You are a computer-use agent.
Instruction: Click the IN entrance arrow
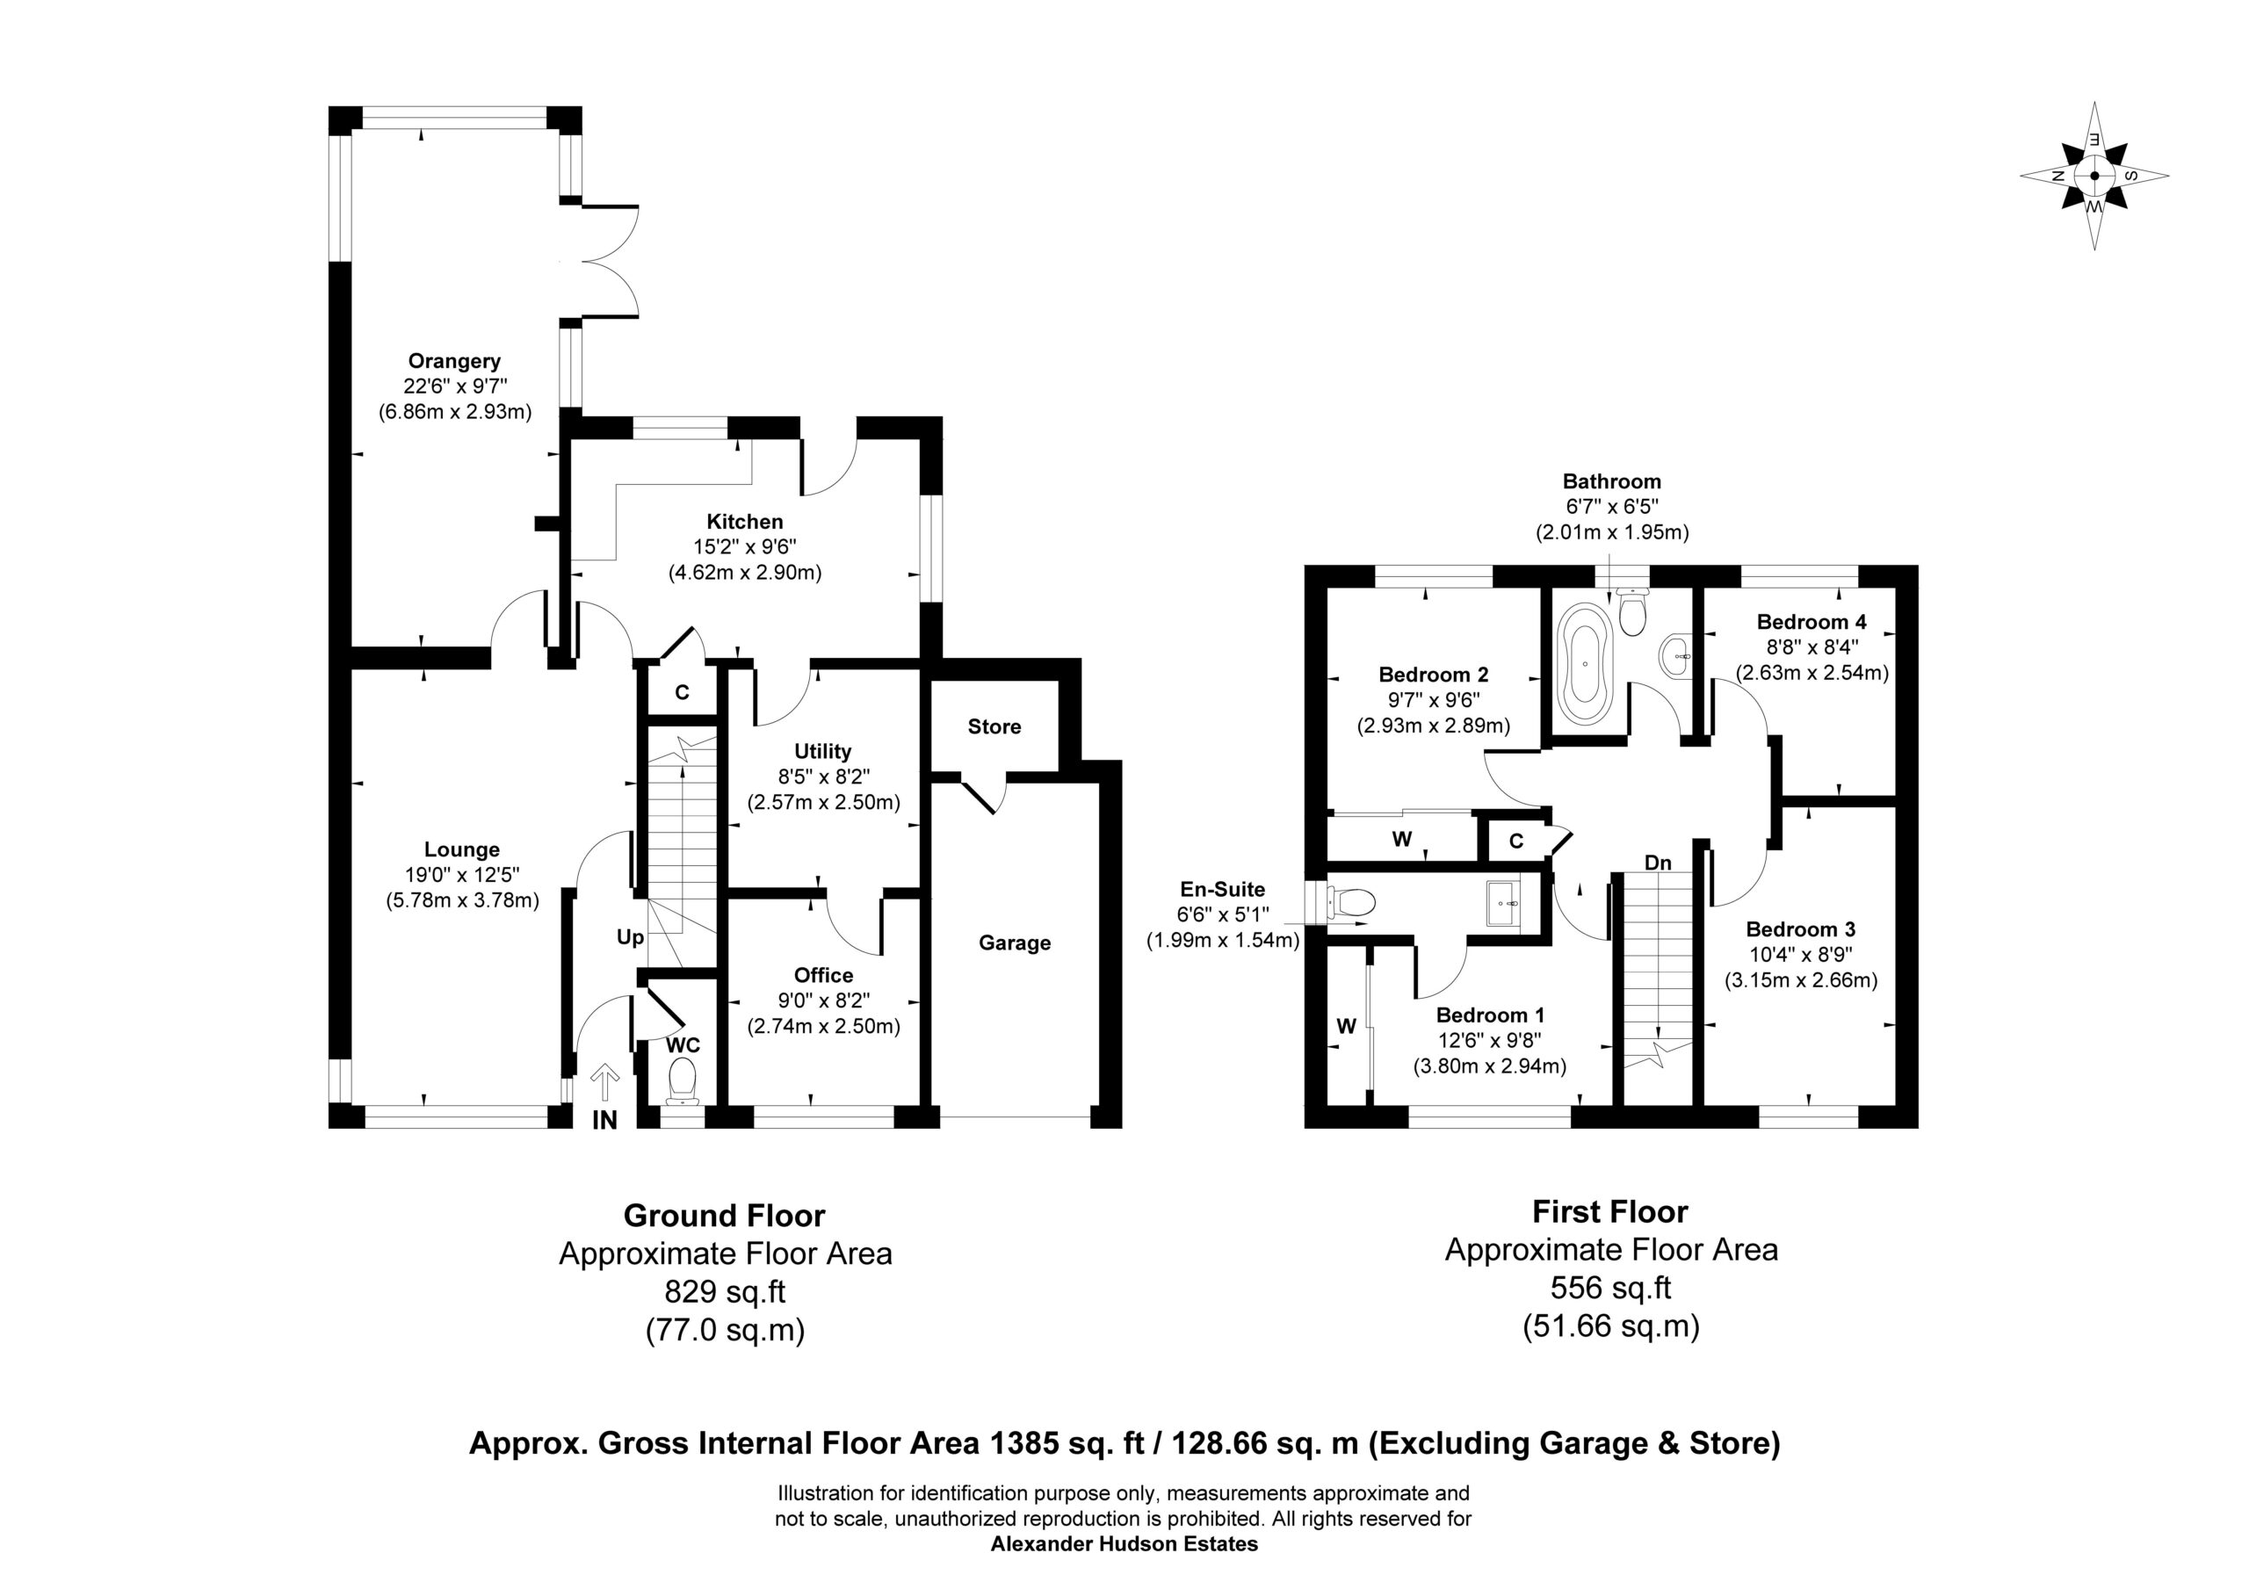(x=605, y=1084)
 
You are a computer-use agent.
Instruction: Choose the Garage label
(x=1015, y=943)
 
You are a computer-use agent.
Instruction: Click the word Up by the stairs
(x=631, y=937)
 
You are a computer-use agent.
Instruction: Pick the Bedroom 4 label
(x=1811, y=622)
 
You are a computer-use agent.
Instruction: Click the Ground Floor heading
(x=725, y=1216)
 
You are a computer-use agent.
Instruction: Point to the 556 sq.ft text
(x=1611, y=1287)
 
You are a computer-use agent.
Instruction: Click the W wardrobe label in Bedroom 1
(x=1347, y=1026)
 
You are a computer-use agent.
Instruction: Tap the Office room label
(x=824, y=976)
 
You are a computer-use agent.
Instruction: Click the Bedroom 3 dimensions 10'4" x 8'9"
(x=1801, y=954)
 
